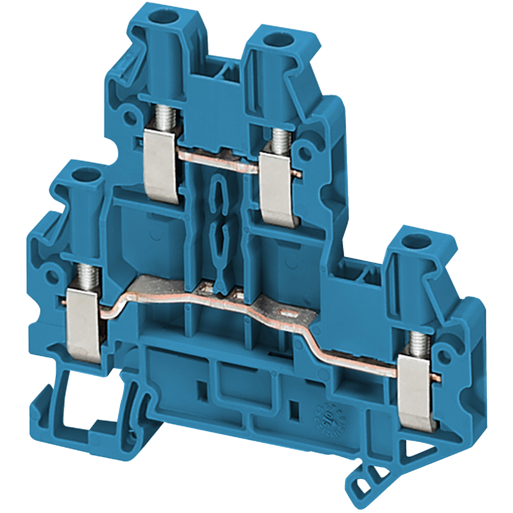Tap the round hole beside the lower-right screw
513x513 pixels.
444,357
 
